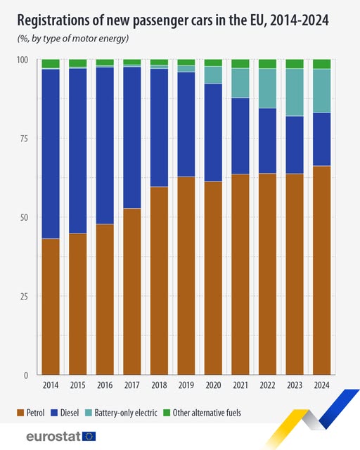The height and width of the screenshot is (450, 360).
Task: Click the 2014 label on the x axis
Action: pyautogui.click(x=50, y=385)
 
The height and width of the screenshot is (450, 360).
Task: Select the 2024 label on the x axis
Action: pyautogui.click(x=321, y=385)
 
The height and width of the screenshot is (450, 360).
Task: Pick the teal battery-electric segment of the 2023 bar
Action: pyautogui.click(x=295, y=92)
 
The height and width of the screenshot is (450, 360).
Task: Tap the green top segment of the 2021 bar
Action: pyautogui.click(x=240, y=64)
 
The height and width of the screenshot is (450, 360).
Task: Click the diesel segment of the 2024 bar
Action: pyautogui.click(x=321, y=139)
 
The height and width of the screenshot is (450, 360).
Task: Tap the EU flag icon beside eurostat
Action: pyautogui.click(x=89, y=436)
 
